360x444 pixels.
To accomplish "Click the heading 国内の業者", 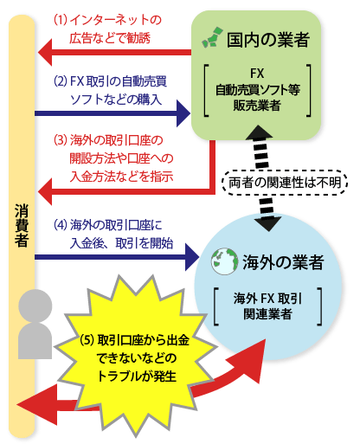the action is tap(268, 40).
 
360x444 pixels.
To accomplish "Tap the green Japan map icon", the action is tap(212, 37).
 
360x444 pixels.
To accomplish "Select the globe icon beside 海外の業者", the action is tap(225, 261).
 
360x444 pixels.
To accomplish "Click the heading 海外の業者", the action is tap(283, 262).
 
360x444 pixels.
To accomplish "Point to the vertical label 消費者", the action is tap(22, 226).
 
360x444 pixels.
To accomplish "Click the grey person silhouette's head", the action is tap(35, 306).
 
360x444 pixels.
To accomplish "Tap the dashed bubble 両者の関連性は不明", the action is tap(285, 183).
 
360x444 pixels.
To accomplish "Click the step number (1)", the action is tap(61, 20).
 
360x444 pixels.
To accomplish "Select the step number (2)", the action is tap(61, 81).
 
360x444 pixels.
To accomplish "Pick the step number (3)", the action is tap(61, 140).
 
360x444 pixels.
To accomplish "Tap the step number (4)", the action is tap(61, 225).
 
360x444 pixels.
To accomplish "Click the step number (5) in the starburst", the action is tap(87, 340).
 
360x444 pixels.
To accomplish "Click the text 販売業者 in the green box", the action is tap(257, 106).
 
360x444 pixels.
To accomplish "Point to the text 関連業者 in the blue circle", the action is tap(267, 314).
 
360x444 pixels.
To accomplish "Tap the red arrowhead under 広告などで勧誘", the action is tap(45, 53).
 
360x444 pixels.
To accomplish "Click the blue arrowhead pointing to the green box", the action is tap(183, 113).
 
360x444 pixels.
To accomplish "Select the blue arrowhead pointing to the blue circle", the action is tap(192, 257).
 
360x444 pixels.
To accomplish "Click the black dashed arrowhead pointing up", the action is tap(259, 132).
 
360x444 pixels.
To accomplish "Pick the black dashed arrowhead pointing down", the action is tap(268, 224).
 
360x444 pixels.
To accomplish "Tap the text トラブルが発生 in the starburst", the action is tap(137, 376).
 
